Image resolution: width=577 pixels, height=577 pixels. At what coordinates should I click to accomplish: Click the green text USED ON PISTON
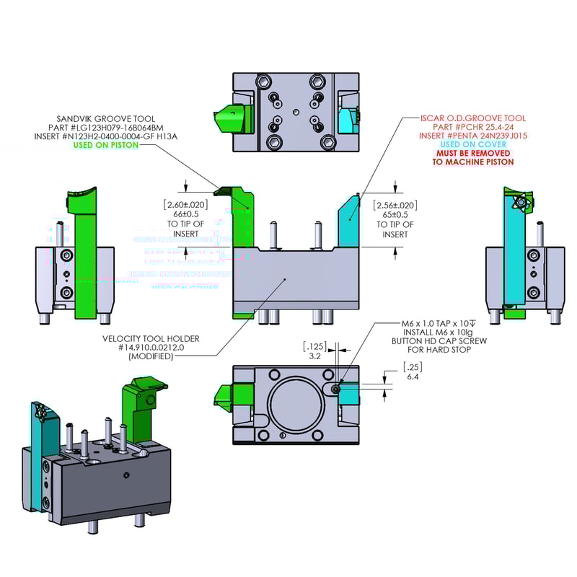point(105,145)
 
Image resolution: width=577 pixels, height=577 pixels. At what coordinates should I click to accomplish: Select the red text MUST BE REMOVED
point(473,154)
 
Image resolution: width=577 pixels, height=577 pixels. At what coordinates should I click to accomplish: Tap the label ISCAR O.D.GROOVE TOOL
point(473,118)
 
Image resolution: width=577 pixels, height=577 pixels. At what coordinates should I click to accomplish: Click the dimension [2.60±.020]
point(186,204)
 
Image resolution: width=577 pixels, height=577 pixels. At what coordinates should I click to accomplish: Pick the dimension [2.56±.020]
point(395,205)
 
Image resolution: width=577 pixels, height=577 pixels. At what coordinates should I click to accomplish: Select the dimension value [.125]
point(314,346)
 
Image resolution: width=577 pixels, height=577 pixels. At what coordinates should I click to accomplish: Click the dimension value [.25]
point(413,368)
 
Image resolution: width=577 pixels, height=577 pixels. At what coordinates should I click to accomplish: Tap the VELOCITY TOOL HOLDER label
point(151,338)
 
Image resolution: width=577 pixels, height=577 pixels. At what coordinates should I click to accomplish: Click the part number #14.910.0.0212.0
point(151,347)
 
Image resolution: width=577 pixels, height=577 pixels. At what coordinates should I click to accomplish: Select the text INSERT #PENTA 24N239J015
point(473,136)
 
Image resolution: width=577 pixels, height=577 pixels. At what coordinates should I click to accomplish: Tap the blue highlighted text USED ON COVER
point(473,145)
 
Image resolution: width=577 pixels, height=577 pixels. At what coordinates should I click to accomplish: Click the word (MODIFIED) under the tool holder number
point(151,356)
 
